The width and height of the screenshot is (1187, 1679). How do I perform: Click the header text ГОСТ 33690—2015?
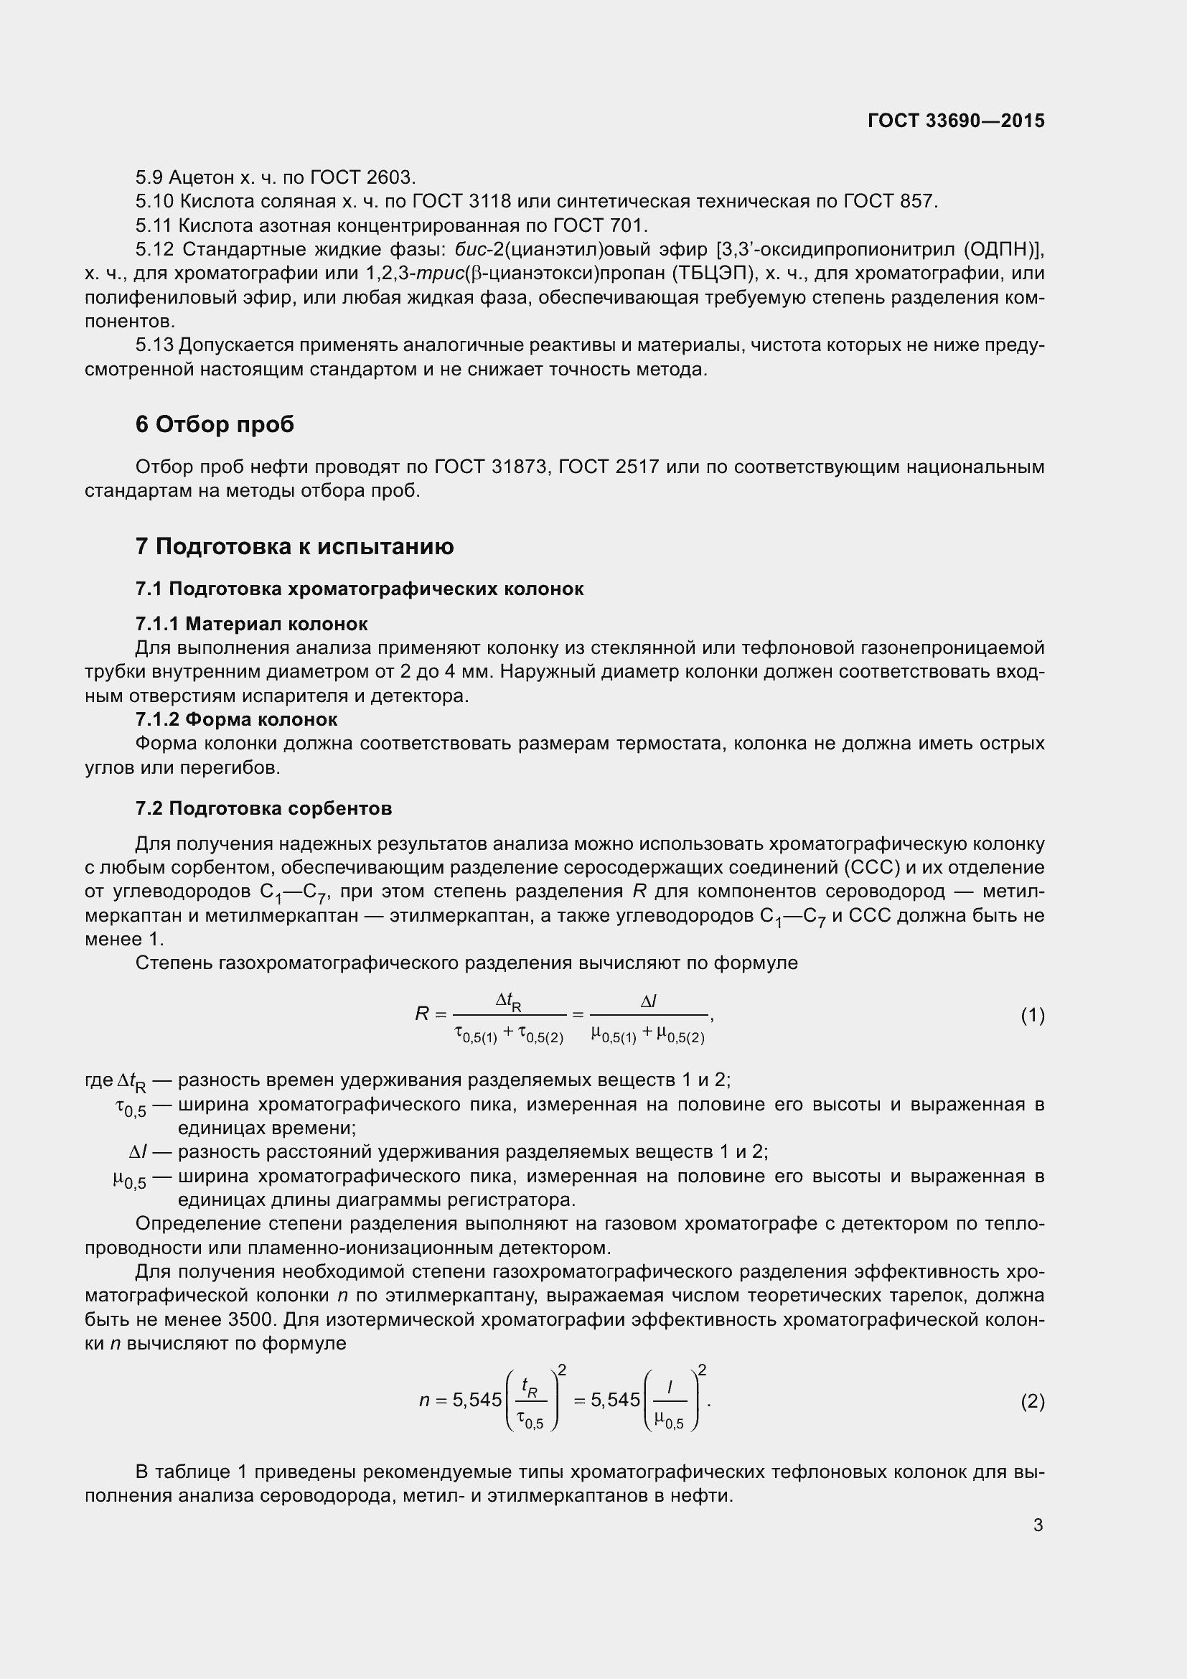[x=956, y=121]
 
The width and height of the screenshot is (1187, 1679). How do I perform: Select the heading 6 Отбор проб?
[x=214, y=425]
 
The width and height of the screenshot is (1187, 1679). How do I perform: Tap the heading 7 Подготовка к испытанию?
[x=294, y=546]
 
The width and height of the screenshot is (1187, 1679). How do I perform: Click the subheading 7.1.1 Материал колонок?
[x=251, y=624]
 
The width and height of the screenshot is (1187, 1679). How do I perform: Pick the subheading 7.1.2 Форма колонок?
[x=236, y=719]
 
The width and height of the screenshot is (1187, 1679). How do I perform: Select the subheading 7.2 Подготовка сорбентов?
[x=264, y=809]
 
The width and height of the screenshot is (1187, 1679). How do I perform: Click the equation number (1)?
[x=1032, y=1015]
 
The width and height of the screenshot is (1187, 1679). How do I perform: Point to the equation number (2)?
[x=1032, y=1401]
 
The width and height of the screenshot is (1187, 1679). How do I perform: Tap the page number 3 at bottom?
[x=1038, y=1525]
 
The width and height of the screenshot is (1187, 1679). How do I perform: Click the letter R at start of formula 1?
[x=422, y=1014]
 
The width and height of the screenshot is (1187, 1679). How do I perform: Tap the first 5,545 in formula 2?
[x=477, y=1400]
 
